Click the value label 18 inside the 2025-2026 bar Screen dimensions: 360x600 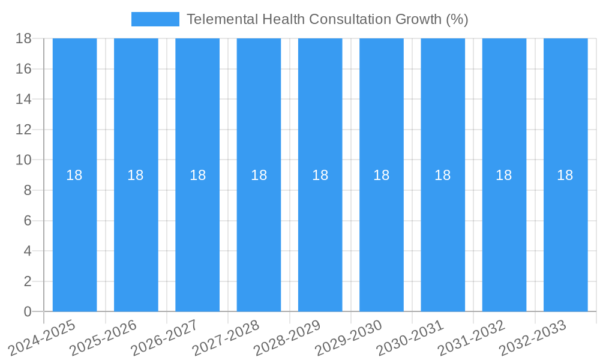[x=136, y=175]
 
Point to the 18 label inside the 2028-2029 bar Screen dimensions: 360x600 [x=320, y=175]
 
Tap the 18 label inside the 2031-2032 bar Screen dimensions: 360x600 [x=504, y=175]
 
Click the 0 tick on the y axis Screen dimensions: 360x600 [x=28, y=311]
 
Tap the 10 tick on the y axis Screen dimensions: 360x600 [x=23, y=160]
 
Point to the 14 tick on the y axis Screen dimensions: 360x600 [x=23, y=99]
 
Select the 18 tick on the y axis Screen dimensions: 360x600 [x=23, y=38]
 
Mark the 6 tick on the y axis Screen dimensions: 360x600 [x=28, y=221]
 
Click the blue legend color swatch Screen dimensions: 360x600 [x=155, y=19]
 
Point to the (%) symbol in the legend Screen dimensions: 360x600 [x=457, y=19]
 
